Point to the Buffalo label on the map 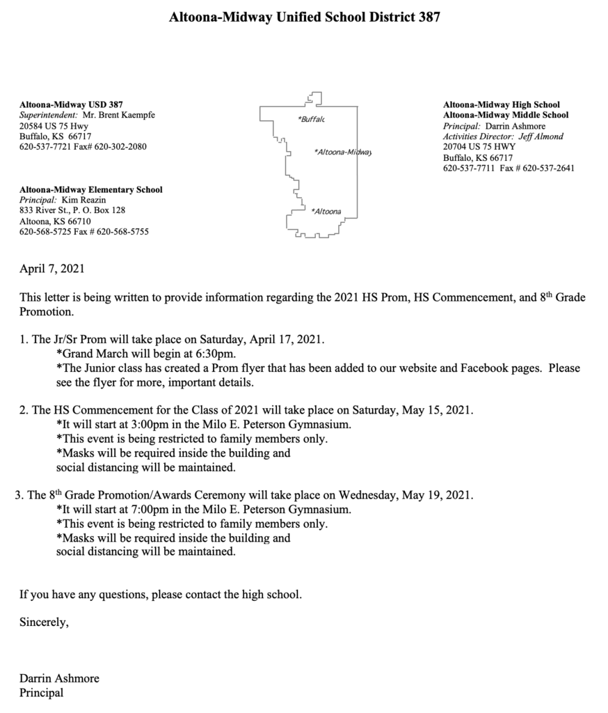click(312, 120)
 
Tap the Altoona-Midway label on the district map click(344, 152)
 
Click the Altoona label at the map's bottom click(327, 211)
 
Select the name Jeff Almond click(542, 136)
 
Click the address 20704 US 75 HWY click(479, 147)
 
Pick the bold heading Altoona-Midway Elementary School click(91, 189)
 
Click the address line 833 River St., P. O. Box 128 click(72, 210)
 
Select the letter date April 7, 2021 click(52, 267)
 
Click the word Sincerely click(44, 622)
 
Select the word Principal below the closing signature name click(41, 693)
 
